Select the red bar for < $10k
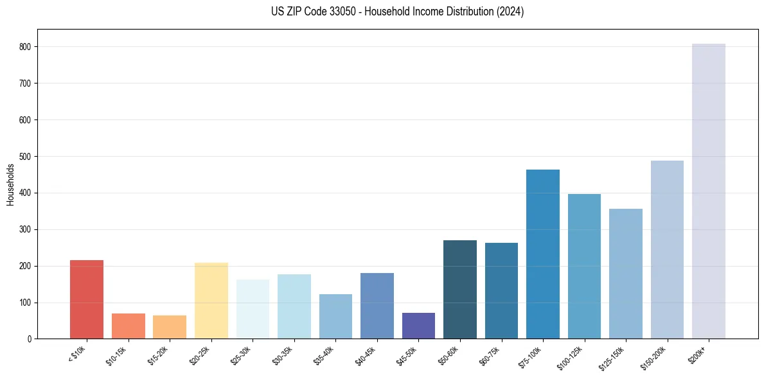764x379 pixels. (x=87, y=299)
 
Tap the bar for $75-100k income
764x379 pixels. (x=542, y=254)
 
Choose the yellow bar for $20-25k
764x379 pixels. (x=211, y=301)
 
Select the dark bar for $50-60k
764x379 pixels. (x=459, y=289)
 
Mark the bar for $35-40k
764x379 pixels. (x=335, y=316)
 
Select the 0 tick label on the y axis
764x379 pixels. (x=30, y=339)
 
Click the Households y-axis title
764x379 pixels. (x=11, y=184)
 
